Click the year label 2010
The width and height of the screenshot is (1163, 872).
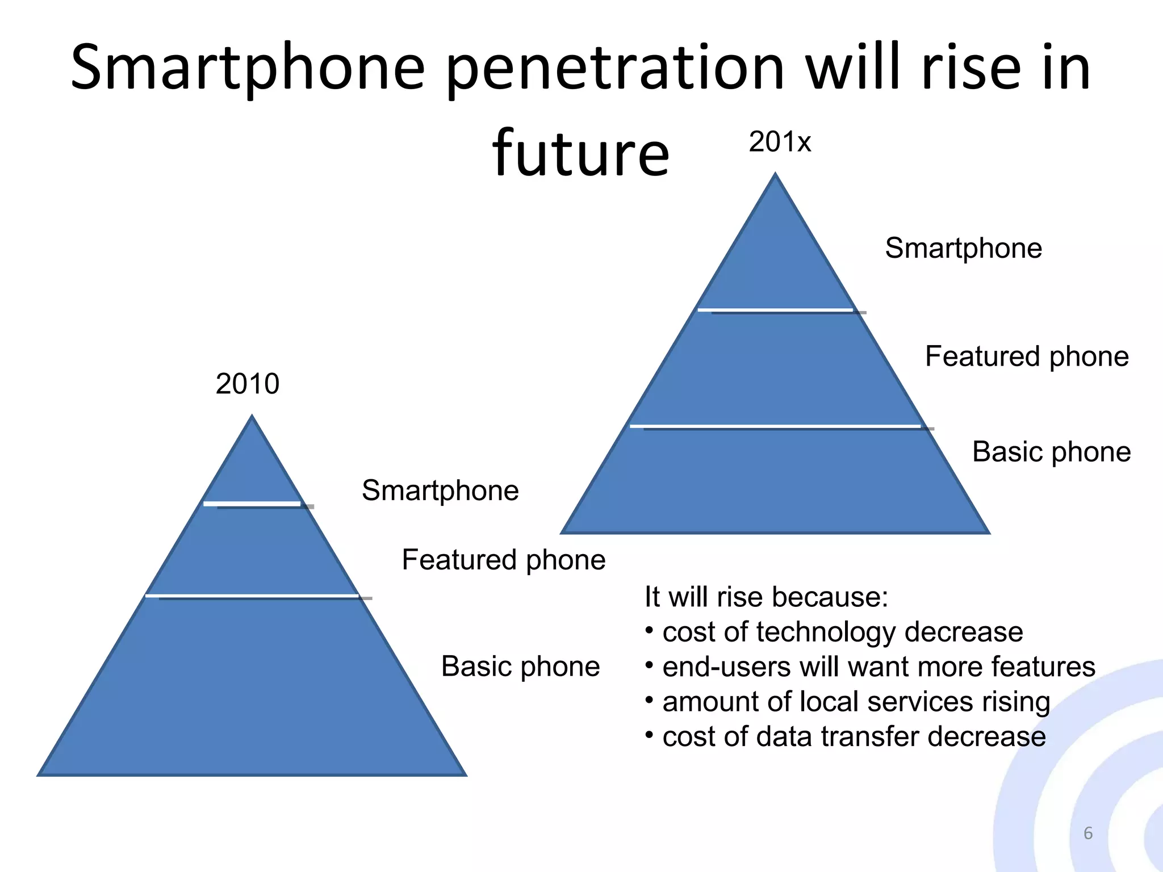point(248,384)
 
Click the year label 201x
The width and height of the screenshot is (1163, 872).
point(780,141)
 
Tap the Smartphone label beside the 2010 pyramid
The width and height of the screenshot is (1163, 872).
point(440,491)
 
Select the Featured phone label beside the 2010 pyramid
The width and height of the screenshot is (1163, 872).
point(504,560)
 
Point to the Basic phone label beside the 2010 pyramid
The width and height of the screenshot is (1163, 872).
point(520,666)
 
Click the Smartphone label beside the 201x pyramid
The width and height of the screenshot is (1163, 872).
point(963,248)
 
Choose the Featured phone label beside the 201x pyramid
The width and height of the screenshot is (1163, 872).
point(1027,357)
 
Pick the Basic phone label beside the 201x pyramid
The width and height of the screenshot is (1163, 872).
point(1051,452)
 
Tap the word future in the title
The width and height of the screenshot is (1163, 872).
point(580,153)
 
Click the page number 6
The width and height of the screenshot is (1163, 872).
point(1087,833)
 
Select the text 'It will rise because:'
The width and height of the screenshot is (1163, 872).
point(766,597)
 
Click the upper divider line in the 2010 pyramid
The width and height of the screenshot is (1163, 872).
point(253,504)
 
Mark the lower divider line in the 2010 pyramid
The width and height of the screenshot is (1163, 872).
point(253,596)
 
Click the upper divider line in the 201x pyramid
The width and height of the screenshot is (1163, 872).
point(776,311)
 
